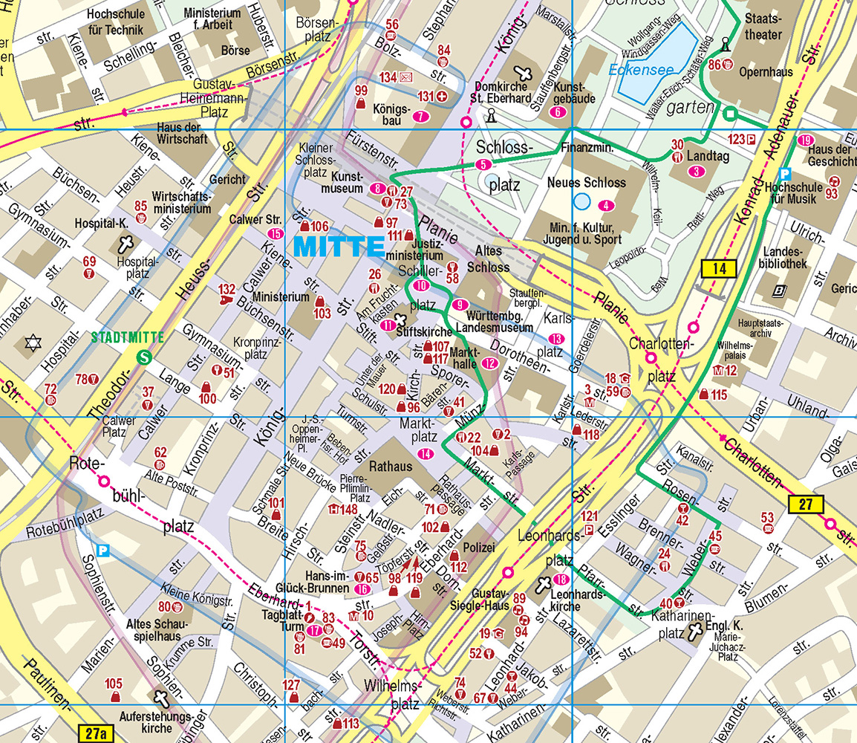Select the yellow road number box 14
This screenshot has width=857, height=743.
point(718,269)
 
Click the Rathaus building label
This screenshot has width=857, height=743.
point(390,467)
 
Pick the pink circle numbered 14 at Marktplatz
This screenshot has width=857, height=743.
point(426,454)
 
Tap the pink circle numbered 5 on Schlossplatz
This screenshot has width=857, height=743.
point(483,164)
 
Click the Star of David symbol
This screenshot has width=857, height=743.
point(31,343)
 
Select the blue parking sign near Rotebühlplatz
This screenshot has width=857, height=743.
point(103,551)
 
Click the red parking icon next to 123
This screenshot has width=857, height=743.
point(751,139)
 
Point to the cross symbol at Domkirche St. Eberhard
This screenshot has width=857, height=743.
point(524,74)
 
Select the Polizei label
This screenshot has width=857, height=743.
point(478,548)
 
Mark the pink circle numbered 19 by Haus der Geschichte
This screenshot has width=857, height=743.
point(806,140)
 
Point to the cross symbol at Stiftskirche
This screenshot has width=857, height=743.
point(402,320)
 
